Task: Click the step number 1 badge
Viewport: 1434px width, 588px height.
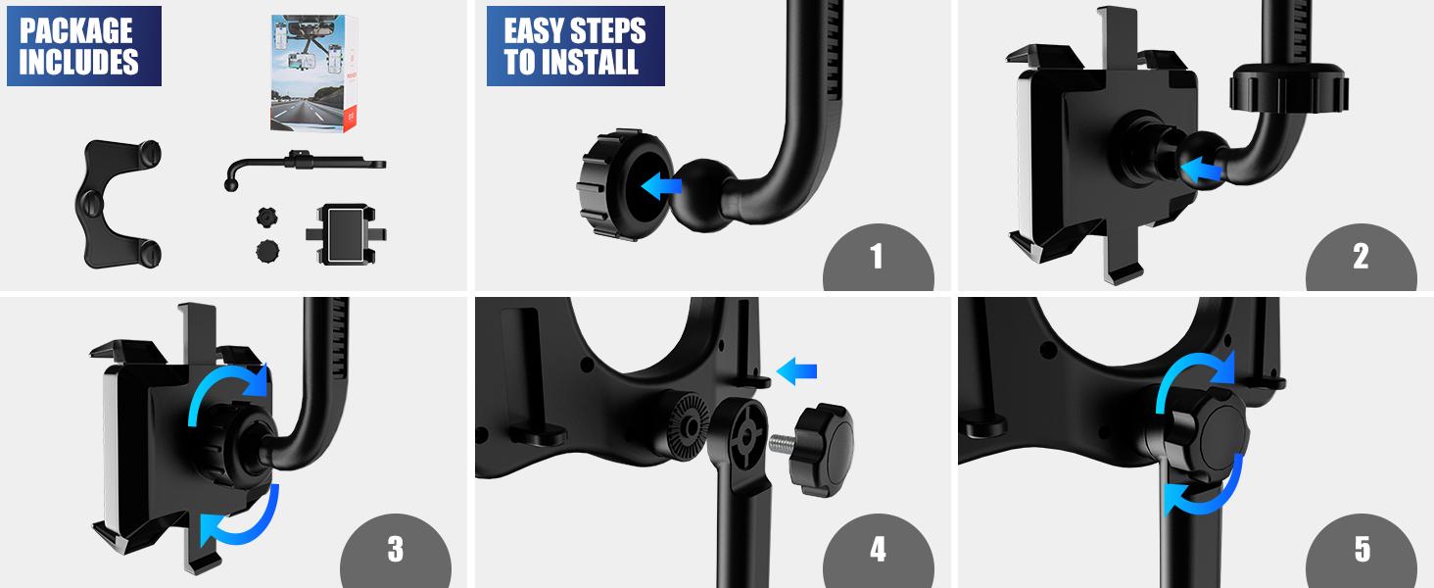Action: point(878,257)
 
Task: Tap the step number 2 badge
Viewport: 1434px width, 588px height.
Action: point(1361,257)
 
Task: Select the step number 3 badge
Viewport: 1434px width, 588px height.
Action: point(395,549)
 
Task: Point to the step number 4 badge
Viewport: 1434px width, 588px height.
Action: point(878,549)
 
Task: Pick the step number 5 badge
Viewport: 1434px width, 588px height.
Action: point(1362,549)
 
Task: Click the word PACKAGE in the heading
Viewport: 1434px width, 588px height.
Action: point(76,29)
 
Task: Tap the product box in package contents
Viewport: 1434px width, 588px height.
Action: point(310,73)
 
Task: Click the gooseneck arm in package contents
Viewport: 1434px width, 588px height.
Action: point(299,163)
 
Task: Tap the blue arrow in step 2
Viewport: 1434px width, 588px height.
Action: point(1203,171)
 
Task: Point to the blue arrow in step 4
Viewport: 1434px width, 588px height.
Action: point(796,370)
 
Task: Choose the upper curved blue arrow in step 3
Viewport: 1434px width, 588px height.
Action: point(227,388)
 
